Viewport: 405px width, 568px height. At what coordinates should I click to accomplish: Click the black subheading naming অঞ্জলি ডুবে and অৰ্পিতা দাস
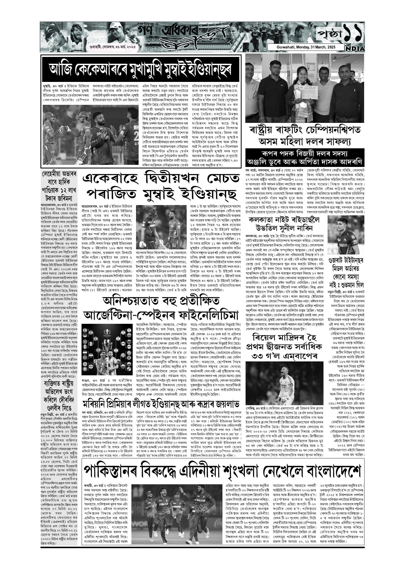click(x=305, y=158)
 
